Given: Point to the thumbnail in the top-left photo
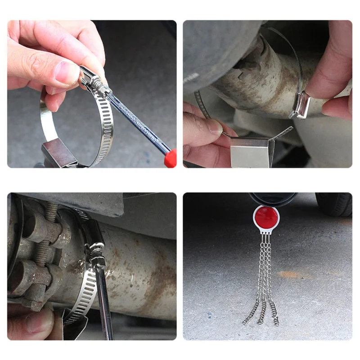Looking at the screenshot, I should point(67,72).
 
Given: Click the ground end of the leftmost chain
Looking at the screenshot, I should point(245,322).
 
